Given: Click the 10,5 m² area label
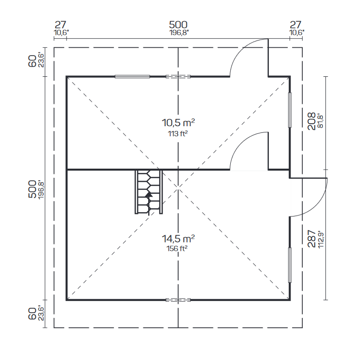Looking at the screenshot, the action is click(178, 122).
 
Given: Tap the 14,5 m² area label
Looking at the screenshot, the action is click(178, 238).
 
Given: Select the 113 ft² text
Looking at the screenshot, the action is click(178, 134).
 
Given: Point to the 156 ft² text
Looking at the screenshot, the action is click(177, 248).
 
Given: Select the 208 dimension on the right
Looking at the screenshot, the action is click(311, 121).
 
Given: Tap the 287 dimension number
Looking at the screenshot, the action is click(311, 238).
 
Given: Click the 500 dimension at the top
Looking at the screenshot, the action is click(178, 25).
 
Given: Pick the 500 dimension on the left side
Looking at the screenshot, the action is click(32, 189).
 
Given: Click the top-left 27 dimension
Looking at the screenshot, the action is click(60, 25).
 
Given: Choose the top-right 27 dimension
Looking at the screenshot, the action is click(295, 25).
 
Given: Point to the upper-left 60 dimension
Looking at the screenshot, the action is click(32, 61).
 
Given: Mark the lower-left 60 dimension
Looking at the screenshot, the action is click(32, 314).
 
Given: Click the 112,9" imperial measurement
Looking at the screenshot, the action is click(321, 239).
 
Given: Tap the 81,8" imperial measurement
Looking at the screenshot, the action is click(321, 121).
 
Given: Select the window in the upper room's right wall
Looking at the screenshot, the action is click(290, 110).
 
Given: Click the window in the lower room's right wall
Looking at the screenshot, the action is click(290, 265).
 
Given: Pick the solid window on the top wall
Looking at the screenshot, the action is click(132, 76).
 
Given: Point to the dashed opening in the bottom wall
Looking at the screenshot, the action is click(178, 300).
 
